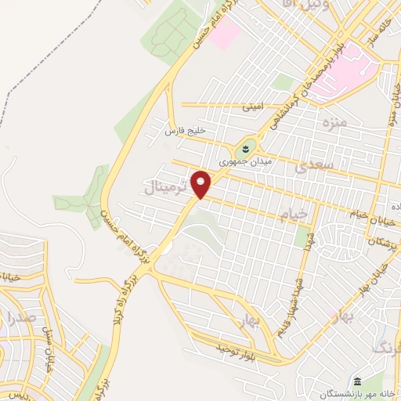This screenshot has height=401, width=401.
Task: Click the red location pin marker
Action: click(x=201, y=184)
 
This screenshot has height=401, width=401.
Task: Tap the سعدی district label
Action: click(x=312, y=165)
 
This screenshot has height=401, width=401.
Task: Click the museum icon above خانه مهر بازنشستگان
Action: click(x=356, y=378)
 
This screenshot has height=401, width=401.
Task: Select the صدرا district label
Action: click(x=20, y=317)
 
